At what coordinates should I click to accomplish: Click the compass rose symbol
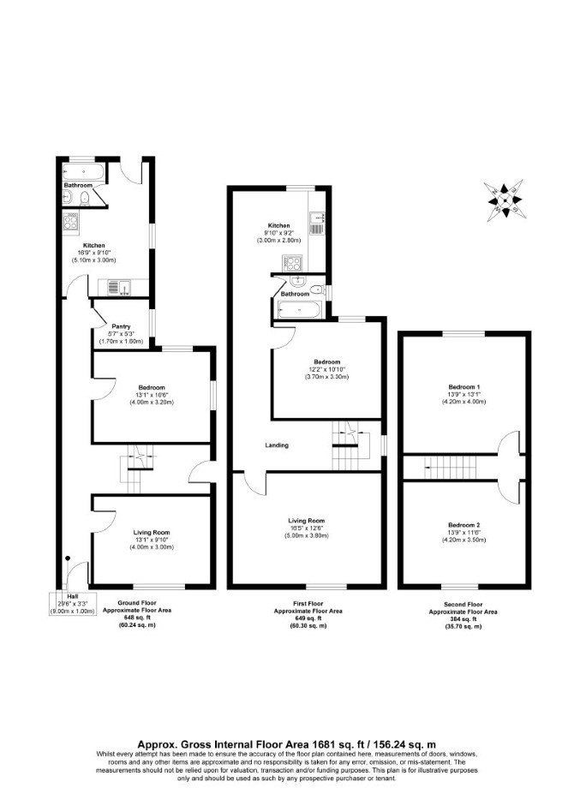click(x=503, y=200)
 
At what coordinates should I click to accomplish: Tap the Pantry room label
click(x=121, y=326)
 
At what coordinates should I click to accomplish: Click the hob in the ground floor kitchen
click(x=70, y=222)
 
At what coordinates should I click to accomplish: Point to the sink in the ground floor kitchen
click(x=120, y=287)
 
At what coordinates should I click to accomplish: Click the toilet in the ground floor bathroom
click(x=86, y=198)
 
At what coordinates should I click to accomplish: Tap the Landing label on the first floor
click(x=277, y=445)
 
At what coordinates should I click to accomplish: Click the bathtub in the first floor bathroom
click(x=300, y=310)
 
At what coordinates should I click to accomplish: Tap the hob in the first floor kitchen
click(x=291, y=263)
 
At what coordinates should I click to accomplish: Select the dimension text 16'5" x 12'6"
click(x=307, y=528)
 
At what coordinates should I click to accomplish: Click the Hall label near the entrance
click(x=73, y=596)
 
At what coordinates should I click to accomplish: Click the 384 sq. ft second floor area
click(x=463, y=619)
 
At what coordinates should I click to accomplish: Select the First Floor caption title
click(x=308, y=604)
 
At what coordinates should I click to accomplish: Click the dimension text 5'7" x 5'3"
click(x=121, y=334)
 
